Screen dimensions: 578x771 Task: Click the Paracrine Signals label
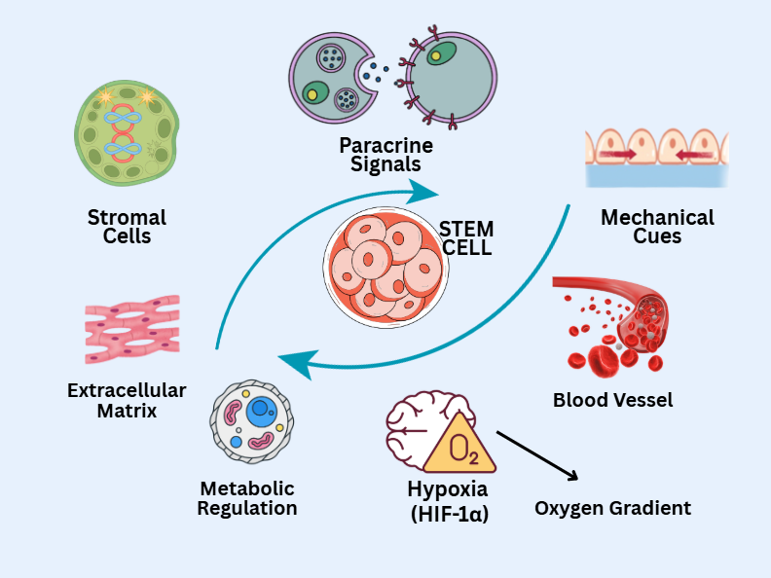pyautogui.click(x=385, y=155)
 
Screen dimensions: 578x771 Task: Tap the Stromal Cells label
pyautogui.click(x=127, y=226)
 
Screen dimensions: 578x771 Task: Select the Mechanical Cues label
pyautogui.click(x=657, y=226)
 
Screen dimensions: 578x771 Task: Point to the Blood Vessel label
pyautogui.click(x=612, y=400)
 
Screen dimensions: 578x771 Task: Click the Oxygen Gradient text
pyautogui.click(x=612, y=508)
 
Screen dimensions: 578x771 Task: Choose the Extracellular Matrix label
pyautogui.click(x=127, y=400)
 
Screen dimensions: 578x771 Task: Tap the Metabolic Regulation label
pyautogui.click(x=247, y=498)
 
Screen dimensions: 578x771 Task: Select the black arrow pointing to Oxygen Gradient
pyautogui.click(x=537, y=455)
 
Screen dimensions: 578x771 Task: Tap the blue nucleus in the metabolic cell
pyautogui.click(x=260, y=410)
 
